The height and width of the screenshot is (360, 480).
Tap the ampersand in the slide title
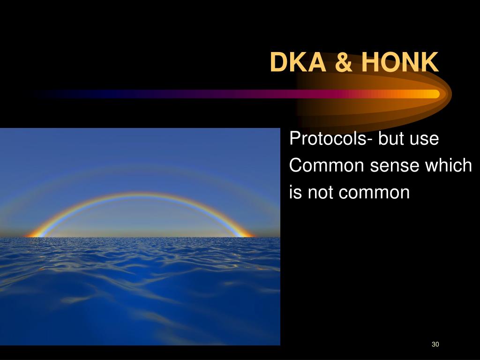pos(344,63)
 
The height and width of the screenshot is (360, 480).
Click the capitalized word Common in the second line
pos(327,166)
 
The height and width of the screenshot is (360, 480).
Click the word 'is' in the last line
pos(296,192)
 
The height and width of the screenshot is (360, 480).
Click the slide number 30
pos(435,345)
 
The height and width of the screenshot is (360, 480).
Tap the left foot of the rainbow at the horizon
pos(35,234)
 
